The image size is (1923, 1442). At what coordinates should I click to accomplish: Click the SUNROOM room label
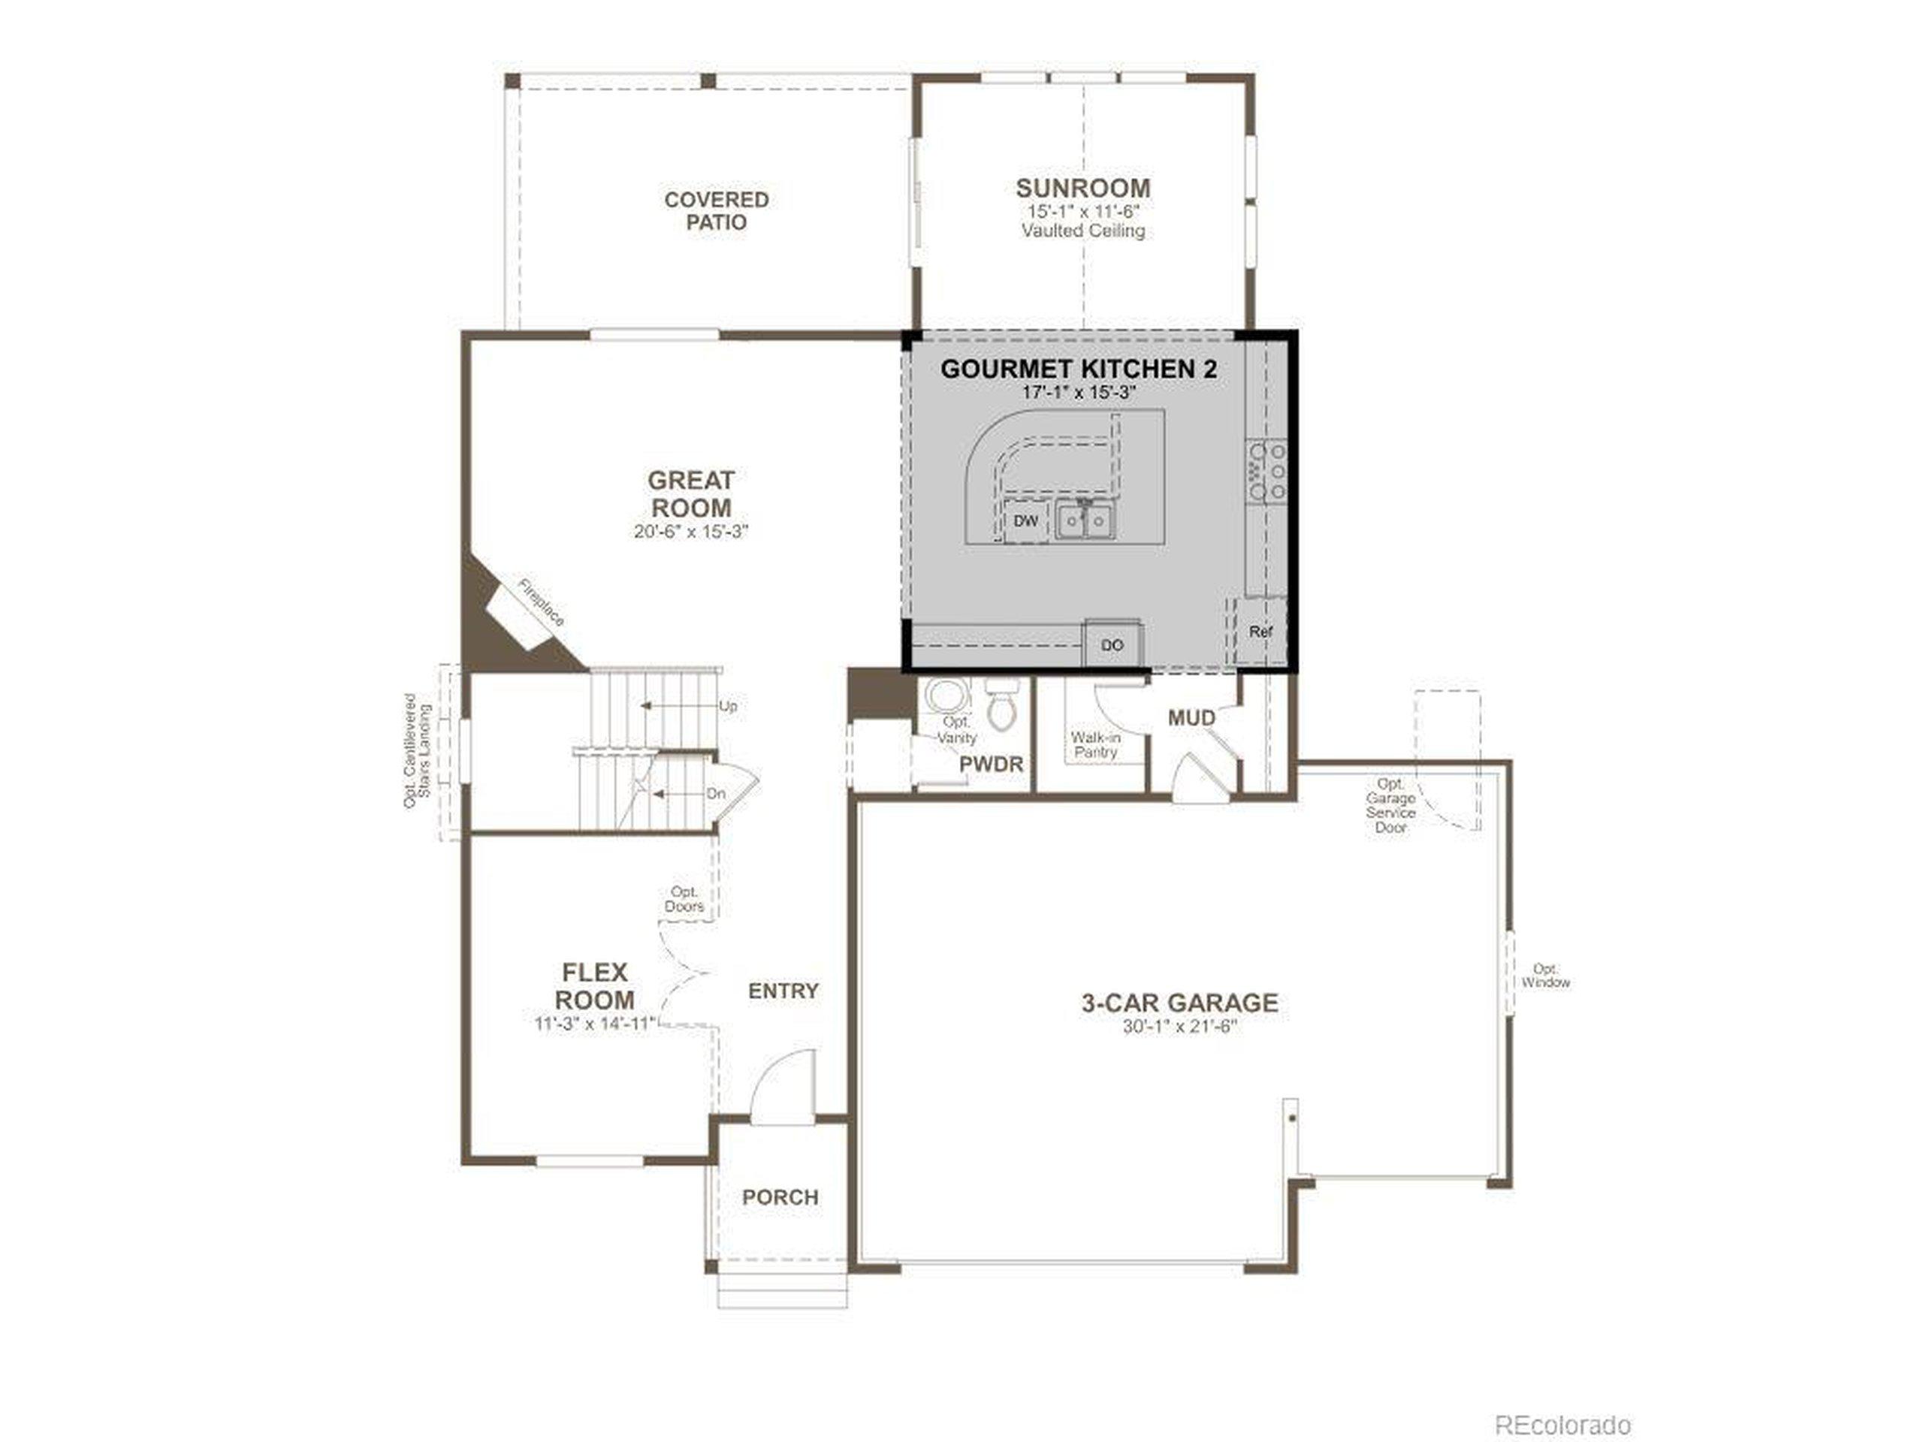pyautogui.click(x=1082, y=188)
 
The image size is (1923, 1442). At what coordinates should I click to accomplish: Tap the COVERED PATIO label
pyautogui.click(x=717, y=211)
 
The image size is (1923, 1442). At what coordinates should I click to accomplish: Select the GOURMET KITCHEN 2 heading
pyautogui.click(x=1079, y=369)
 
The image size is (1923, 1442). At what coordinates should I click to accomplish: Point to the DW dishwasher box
pyautogui.click(x=1026, y=520)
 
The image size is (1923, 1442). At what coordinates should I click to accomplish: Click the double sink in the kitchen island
pyautogui.click(x=1085, y=520)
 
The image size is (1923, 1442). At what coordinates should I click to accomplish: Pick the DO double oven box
pyautogui.click(x=1112, y=645)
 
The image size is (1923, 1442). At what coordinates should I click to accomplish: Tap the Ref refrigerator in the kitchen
pyautogui.click(x=1260, y=632)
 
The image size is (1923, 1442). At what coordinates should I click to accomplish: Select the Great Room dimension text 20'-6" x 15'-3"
pyautogui.click(x=691, y=531)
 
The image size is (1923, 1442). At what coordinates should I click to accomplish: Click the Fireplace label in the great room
pyautogui.click(x=541, y=602)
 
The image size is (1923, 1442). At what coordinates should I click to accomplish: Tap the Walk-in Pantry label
pyautogui.click(x=1095, y=745)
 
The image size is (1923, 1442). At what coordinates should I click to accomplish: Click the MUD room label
pyautogui.click(x=1191, y=718)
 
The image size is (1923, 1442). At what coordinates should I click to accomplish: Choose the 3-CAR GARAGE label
pyautogui.click(x=1179, y=1002)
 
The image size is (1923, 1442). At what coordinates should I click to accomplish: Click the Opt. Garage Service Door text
pyautogui.click(x=1390, y=806)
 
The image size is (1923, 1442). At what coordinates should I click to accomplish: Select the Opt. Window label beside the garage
pyautogui.click(x=1546, y=976)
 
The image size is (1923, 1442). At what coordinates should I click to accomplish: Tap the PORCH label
pyautogui.click(x=780, y=1197)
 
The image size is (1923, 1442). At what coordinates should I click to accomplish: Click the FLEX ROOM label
pyautogui.click(x=595, y=985)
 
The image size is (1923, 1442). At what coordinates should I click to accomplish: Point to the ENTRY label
pyautogui.click(x=783, y=991)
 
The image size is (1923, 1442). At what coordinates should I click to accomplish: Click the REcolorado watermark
pyautogui.click(x=1562, y=1401)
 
